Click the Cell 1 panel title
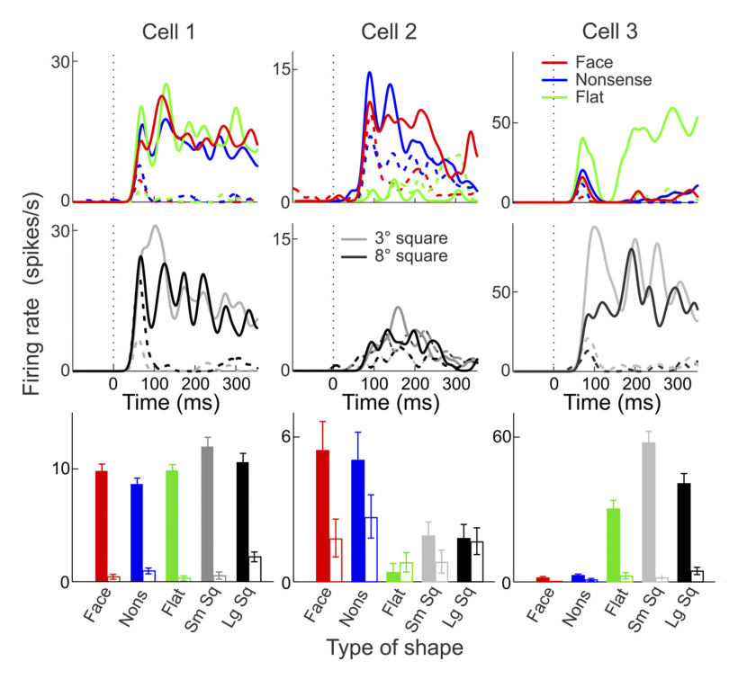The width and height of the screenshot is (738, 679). pyautogui.click(x=168, y=32)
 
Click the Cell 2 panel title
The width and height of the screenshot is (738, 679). pyautogui.click(x=389, y=32)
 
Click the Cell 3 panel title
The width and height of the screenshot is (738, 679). pyautogui.click(x=609, y=31)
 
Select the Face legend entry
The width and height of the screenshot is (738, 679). pyautogui.click(x=577, y=62)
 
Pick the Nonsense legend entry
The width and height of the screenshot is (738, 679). pyautogui.click(x=597, y=79)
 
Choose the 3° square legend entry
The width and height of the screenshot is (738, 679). pyautogui.click(x=394, y=238)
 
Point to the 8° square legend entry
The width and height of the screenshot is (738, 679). pyautogui.click(x=394, y=256)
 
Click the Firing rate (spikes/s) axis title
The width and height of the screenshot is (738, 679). pyautogui.click(x=31, y=294)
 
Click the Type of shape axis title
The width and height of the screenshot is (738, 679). pyautogui.click(x=394, y=648)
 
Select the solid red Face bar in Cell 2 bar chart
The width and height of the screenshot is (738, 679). pyautogui.click(x=322, y=516)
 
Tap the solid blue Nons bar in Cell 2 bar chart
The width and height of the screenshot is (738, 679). pyautogui.click(x=357, y=521)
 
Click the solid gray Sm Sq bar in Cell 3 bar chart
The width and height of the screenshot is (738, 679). pyautogui.click(x=649, y=513)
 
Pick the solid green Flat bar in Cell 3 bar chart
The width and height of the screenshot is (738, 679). pyautogui.click(x=613, y=546)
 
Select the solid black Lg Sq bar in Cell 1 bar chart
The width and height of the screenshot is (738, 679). pyautogui.click(x=242, y=523)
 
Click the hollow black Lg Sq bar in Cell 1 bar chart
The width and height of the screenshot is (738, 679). pyautogui.click(x=255, y=569)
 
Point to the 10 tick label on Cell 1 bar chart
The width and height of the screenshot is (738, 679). pyautogui.click(x=59, y=469)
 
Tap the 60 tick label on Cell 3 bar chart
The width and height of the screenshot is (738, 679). pyautogui.click(x=500, y=437)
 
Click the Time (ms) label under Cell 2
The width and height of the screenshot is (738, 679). pyautogui.click(x=391, y=403)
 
